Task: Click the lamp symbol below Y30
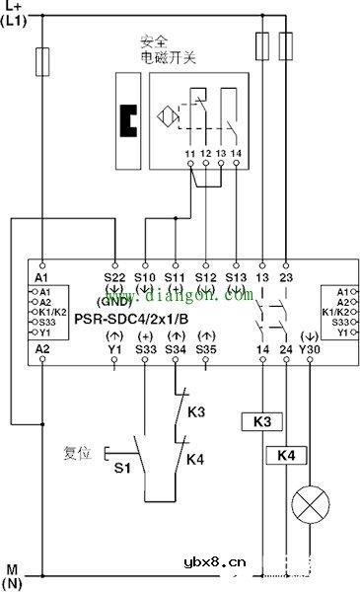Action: click(x=310, y=507)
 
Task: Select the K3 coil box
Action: click(x=262, y=421)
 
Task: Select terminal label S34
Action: click(x=176, y=348)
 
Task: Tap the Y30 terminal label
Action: click(x=311, y=348)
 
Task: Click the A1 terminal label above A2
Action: click(x=41, y=264)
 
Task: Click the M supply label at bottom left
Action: click(x=13, y=569)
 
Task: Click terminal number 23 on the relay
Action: click(x=286, y=264)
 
